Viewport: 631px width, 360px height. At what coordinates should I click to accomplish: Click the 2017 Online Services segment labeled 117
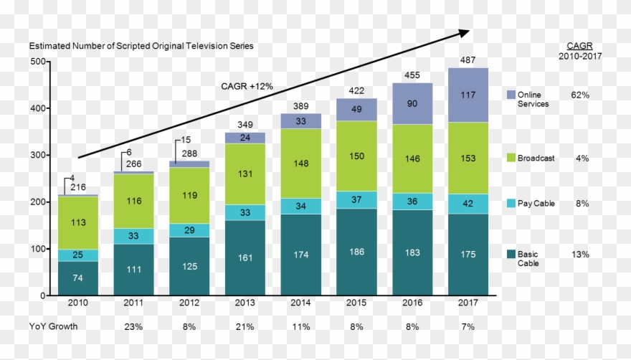468,95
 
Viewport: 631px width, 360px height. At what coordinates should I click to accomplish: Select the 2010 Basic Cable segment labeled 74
77,278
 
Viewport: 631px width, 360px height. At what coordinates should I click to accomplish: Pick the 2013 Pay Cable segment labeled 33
245,212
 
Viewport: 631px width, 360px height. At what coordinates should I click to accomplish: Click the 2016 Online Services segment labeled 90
412,103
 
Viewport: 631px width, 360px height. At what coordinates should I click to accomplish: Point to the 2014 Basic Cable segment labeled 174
300,255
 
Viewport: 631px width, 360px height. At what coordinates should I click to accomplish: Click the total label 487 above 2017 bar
468,61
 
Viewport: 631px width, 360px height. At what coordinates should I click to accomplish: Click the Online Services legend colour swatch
511,95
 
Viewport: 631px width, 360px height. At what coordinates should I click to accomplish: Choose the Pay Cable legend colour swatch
511,204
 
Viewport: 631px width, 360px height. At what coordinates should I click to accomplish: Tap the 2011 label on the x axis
133,303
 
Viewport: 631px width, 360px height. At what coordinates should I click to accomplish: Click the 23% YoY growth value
133,326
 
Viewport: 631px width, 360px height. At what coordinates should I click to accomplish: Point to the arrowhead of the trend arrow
465,32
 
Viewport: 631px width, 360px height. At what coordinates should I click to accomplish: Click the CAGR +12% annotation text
246,87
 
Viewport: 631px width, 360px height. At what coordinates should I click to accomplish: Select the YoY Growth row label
53,326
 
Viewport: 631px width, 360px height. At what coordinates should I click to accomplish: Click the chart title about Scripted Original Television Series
141,46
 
